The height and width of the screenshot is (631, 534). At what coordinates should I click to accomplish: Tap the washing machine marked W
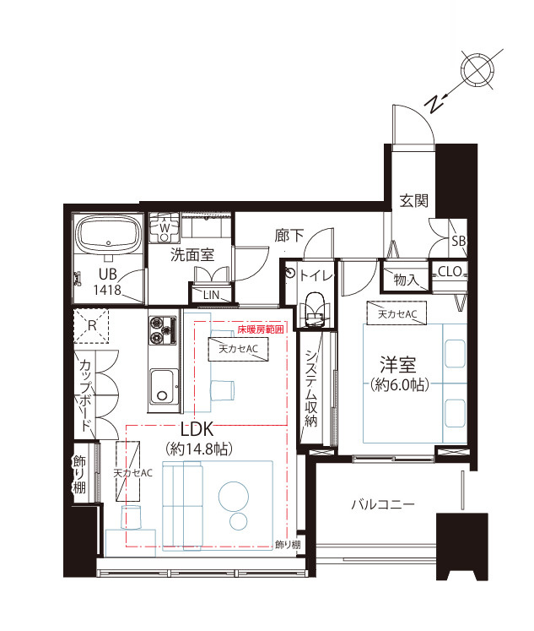click(x=165, y=227)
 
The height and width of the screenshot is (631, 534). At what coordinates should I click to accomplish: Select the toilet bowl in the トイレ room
click(x=315, y=308)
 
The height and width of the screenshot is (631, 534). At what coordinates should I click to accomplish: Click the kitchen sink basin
click(x=163, y=387)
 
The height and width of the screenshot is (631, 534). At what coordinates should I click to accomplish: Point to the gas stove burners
click(x=163, y=330)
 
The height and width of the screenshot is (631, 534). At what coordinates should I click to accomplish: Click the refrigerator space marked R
click(x=92, y=325)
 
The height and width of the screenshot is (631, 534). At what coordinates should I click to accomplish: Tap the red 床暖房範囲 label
click(x=261, y=329)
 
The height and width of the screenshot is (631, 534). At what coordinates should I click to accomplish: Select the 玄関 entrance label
click(x=414, y=200)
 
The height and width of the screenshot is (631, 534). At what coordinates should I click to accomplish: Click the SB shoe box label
click(x=458, y=241)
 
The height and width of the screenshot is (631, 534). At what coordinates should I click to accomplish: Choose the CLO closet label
click(x=450, y=272)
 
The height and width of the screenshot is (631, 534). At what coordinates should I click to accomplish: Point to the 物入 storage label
click(x=405, y=280)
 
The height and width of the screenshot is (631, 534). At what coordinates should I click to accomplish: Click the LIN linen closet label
click(x=211, y=295)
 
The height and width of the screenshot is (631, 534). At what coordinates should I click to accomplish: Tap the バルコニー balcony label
click(x=382, y=504)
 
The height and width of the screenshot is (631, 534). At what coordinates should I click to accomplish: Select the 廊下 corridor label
click(x=289, y=236)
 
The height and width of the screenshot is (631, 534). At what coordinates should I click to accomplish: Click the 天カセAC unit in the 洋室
click(x=396, y=313)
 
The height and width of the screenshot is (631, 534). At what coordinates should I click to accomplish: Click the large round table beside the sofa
click(x=234, y=496)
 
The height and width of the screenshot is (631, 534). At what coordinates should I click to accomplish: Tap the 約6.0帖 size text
click(x=400, y=385)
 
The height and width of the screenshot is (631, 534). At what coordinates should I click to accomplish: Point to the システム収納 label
click(x=311, y=388)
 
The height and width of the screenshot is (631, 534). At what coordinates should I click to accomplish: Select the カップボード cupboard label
click(x=84, y=395)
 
